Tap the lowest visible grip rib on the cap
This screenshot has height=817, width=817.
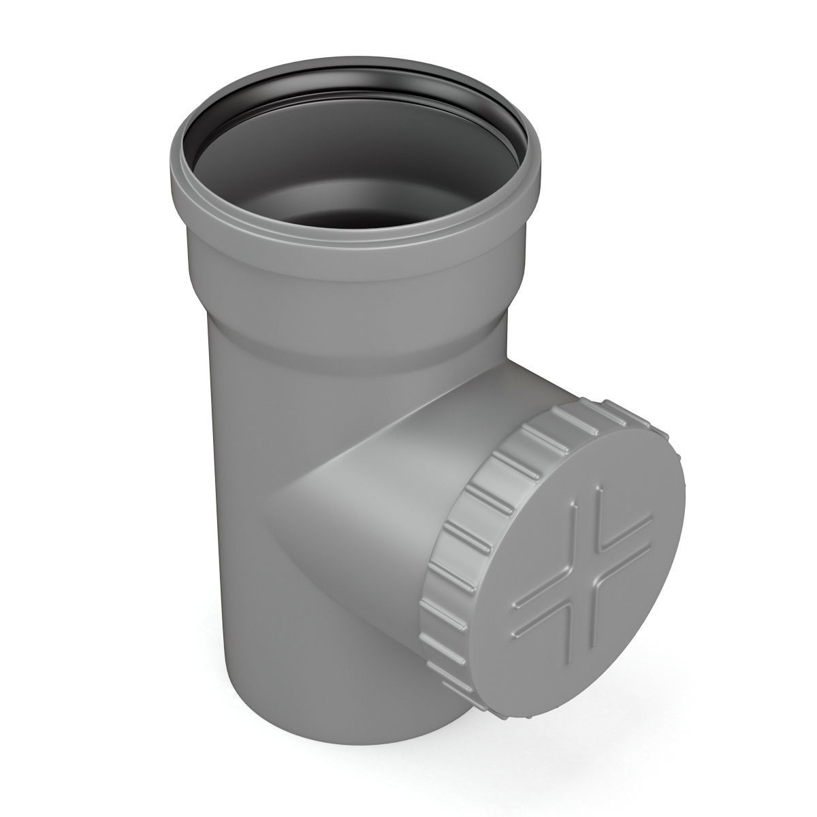[x=470, y=688]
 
